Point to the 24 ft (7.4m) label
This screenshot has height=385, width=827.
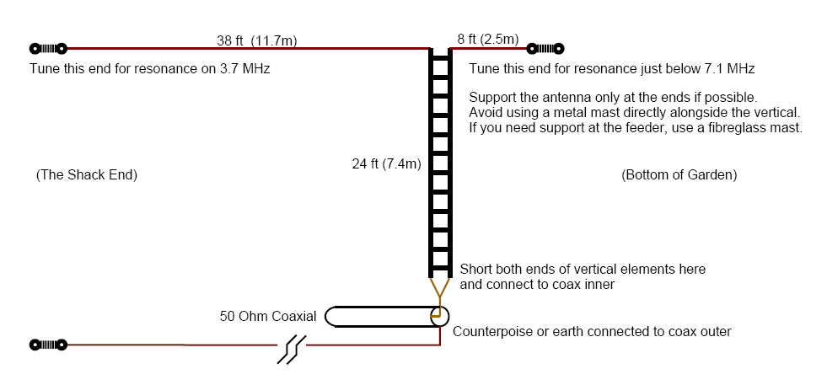pyautogui.click(x=386, y=164)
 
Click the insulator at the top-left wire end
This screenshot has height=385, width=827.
pyautogui.click(x=48, y=49)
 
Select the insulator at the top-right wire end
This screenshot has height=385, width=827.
pyautogui.click(x=545, y=49)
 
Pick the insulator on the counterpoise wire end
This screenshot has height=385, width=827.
pyautogui.click(x=48, y=345)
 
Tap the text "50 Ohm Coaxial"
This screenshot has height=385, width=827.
pyautogui.click(x=268, y=317)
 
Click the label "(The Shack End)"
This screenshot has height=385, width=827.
pyautogui.click(x=87, y=175)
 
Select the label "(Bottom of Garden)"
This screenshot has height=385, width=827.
pyautogui.click(x=679, y=175)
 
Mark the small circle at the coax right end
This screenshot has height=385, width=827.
pyautogui.click(x=438, y=317)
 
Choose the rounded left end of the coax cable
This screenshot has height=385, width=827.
pyautogui.click(x=331, y=317)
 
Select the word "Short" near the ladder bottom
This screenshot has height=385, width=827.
pyautogui.click(x=476, y=270)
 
